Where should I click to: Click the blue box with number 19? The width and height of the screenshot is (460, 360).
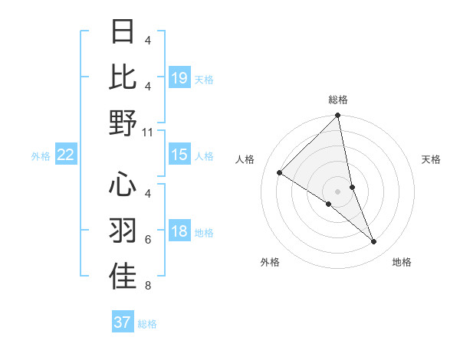pyautogui.click(x=179, y=77)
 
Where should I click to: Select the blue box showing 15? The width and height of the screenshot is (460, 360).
pyautogui.click(x=179, y=155)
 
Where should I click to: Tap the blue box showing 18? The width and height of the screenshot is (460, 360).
pyautogui.click(x=179, y=232)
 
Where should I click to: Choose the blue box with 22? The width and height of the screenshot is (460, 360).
pyautogui.click(x=66, y=155)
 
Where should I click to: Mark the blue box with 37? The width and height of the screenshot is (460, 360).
pyautogui.click(x=123, y=322)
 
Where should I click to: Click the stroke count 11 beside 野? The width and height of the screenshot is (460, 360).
pyautogui.click(x=148, y=132)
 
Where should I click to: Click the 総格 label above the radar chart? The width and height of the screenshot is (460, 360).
pyautogui.click(x=338, y=100)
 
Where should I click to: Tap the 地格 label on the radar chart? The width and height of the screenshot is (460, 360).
pyautogui.click(x=402, y=262)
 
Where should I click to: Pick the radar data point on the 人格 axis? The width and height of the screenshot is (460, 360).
pyautogui.click(x=280, y=173)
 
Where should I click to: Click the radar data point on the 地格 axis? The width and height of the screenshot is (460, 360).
pyautogui.click(x=374, y=242)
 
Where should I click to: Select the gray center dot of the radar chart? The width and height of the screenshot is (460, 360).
pyautogui.click(x=338, y=191)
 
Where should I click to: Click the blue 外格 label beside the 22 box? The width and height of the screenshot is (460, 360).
pyautogui.click(x=41, y=156)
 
